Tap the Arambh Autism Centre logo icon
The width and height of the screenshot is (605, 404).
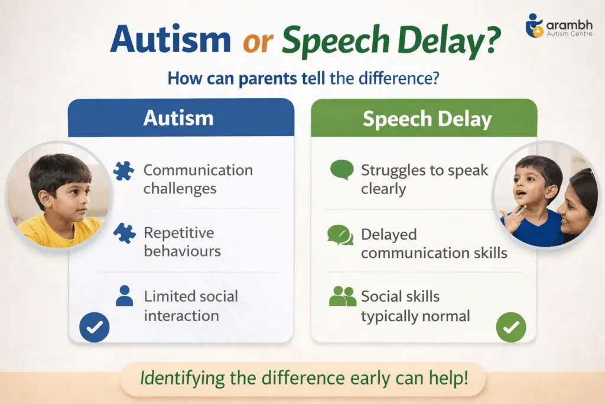[535, 26]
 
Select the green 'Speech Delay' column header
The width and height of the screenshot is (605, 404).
[427, 119]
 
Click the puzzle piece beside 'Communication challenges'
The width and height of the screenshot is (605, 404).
[124, 172]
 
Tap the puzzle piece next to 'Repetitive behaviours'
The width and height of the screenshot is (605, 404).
[124, 233]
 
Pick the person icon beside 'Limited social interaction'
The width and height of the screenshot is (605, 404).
[124, 296]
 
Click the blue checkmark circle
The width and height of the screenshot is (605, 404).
[95, 327]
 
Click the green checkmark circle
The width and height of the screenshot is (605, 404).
[511, 327]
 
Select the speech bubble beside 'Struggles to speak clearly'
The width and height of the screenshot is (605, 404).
[341, 170]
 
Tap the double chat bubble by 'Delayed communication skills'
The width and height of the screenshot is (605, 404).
[340, 235]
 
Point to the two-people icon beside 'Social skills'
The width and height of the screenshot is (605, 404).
[342, 296]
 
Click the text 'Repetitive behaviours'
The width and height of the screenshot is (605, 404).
[182, 241]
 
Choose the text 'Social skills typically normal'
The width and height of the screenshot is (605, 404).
[415, 306]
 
